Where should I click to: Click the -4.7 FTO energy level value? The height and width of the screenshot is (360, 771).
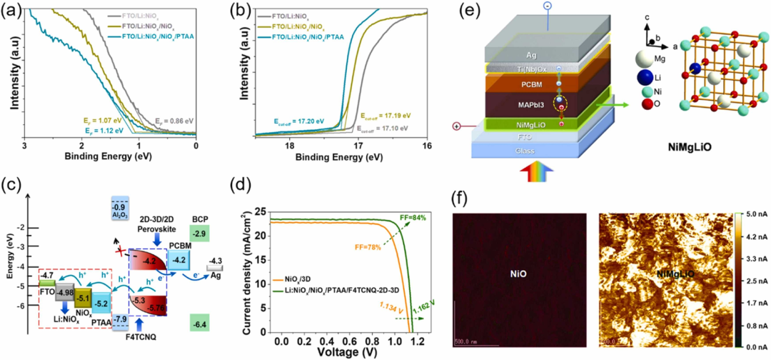pyautogui.click(x=47, y=274)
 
